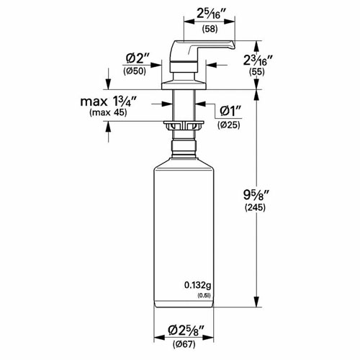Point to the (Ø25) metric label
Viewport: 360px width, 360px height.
pyautogui.click(x=230, y=125)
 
